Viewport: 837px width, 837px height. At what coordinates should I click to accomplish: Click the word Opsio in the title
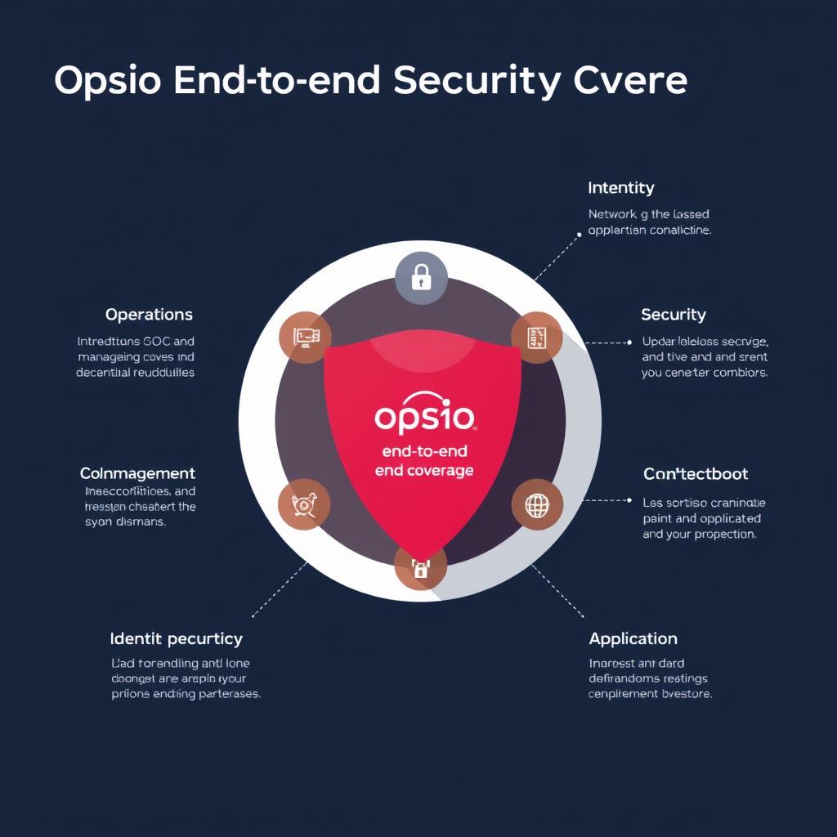click(111, 82)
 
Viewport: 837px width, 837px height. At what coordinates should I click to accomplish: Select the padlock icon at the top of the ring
click(421, 278)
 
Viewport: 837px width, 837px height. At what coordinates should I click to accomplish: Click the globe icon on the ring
click(537, 505)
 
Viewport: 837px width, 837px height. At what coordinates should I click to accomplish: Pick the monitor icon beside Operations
click(305, 337)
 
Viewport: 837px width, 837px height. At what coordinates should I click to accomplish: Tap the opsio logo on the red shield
click(424, 418)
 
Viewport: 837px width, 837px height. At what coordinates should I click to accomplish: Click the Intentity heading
click(620, 188)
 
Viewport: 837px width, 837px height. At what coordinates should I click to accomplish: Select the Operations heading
click(149, 315)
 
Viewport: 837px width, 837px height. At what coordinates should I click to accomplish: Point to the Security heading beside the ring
click(673, 315)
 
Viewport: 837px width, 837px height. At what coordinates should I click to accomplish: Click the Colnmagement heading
click(137, 473)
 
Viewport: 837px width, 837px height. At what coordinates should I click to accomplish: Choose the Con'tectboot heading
click(696, 474)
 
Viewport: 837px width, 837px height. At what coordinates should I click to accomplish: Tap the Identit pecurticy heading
click(176, 638)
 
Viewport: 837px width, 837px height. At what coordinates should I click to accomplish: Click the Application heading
click(633, 638)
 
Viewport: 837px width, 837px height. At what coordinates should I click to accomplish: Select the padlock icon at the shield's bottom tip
click(420, 568)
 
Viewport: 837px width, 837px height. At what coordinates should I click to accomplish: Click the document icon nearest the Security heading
click(537, 337)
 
